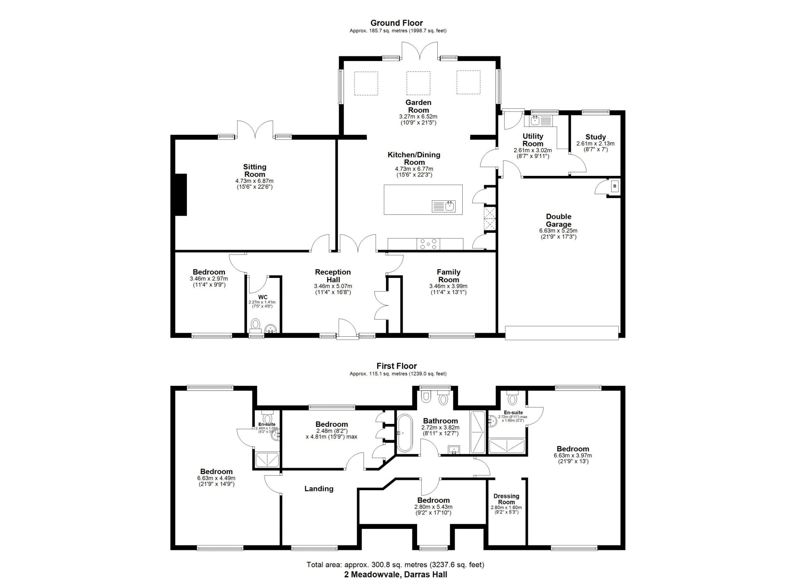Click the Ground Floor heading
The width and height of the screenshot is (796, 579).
[396, 23]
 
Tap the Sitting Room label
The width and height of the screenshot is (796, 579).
[254, 170]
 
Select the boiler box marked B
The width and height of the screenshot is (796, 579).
[614, 187]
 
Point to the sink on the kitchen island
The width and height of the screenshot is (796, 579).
[449, 205]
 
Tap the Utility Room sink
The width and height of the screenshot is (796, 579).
[535, 121]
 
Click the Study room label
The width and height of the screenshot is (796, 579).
[595, 137]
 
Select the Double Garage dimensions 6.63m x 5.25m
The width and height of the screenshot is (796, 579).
[558, 231]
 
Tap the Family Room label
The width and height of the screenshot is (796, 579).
[448, 276]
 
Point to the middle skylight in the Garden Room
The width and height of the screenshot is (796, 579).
[418, 83]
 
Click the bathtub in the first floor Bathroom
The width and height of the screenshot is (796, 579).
[403, 433]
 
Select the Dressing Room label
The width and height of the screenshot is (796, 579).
[506, 499]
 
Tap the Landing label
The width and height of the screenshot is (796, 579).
[318, 489]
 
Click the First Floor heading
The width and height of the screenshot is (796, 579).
[396, 366]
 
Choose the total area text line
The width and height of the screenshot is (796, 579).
[395, 564]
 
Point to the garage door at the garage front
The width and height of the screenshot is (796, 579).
[562, 333]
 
